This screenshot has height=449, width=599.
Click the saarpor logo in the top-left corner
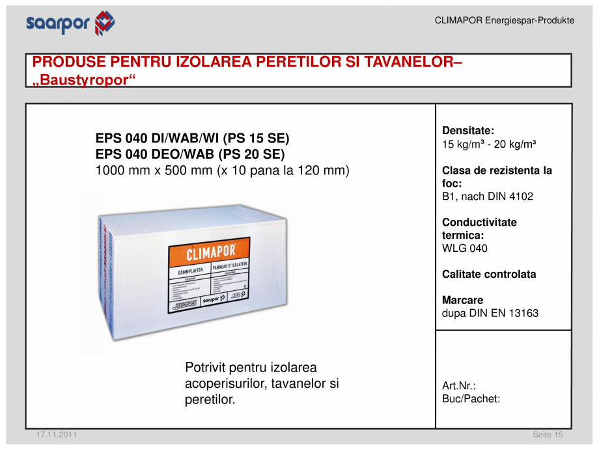[x=70, y=23]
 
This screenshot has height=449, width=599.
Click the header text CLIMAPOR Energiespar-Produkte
[x=504, y=21]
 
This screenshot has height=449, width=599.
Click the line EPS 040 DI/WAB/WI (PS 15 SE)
[x=192, y=139]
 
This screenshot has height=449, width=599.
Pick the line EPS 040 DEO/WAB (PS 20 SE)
[x=190, y=154]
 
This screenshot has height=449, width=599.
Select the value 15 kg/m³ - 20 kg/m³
[x=488, y=144]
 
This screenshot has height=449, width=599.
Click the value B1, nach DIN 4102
[x=487, y=196]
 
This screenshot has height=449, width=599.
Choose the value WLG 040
[x=464, y=248]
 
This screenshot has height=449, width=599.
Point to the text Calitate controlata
[x=489, y=274]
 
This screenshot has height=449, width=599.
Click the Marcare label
[x=462, y=300]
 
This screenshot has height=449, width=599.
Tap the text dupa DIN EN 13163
[x=490, y=313]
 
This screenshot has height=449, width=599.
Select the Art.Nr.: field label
[x=458, y=386]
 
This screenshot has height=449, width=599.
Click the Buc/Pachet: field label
[x=471, y=398]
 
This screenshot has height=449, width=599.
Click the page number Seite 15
[x=548, y=435]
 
